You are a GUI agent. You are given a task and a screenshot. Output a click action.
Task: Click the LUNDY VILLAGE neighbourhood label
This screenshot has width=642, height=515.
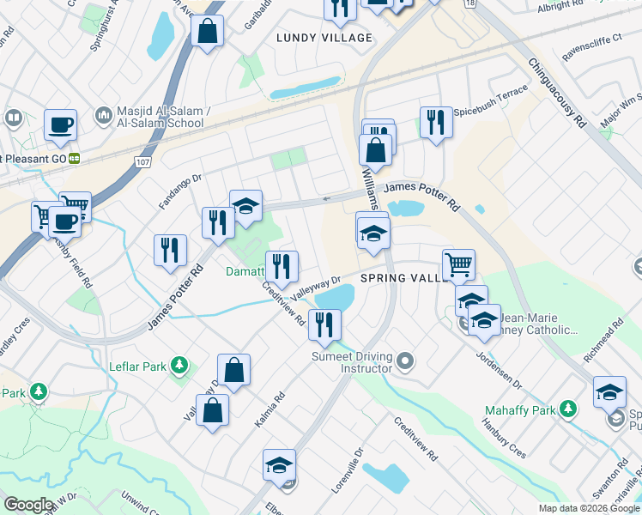tap(324, 38)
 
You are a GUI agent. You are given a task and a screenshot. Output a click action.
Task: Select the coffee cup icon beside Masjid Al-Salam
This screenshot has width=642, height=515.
tap(60, 125)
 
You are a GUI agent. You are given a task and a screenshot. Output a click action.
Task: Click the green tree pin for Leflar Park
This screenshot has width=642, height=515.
tap(179, 367)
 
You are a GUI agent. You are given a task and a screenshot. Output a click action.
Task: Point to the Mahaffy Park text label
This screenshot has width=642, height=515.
tap(520, 409)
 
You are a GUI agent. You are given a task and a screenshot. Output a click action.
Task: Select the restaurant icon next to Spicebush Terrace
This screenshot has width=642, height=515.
tap(436, 123)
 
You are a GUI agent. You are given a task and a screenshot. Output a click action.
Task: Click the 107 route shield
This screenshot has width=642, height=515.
tap(142, 161)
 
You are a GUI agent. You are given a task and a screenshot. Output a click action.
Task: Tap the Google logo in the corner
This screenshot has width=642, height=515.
tap(28, 505)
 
